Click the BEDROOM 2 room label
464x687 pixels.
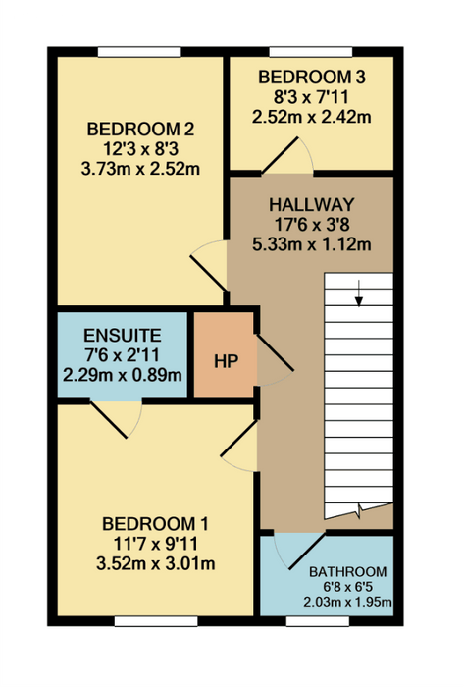tap(140, 130)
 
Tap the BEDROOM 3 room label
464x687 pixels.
tap(312, 78)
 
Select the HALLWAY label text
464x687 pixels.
tap(312, 204)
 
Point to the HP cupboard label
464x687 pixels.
tap(227, 361)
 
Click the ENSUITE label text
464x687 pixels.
tap(123, 336)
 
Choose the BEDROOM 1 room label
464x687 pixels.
tap(155, 523)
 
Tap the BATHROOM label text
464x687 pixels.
tap(348, 572)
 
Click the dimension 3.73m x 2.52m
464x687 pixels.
tap(140, 169)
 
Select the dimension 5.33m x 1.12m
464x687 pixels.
tap(312, 244)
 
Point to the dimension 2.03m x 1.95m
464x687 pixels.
tap(348, 602)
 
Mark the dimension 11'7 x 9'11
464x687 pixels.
tap(155, 544)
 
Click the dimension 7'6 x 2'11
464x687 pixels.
tap(123, 355)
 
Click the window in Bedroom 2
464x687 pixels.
tap(139, 52)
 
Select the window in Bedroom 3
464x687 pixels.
tap(310, 52)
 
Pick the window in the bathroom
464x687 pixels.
tap(318, 621)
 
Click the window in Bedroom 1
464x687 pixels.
tap(156, 621)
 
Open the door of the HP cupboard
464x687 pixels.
tap(275, 353)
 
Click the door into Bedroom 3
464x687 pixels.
tap(281, 155)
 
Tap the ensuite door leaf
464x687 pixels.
tap(109, 419)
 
